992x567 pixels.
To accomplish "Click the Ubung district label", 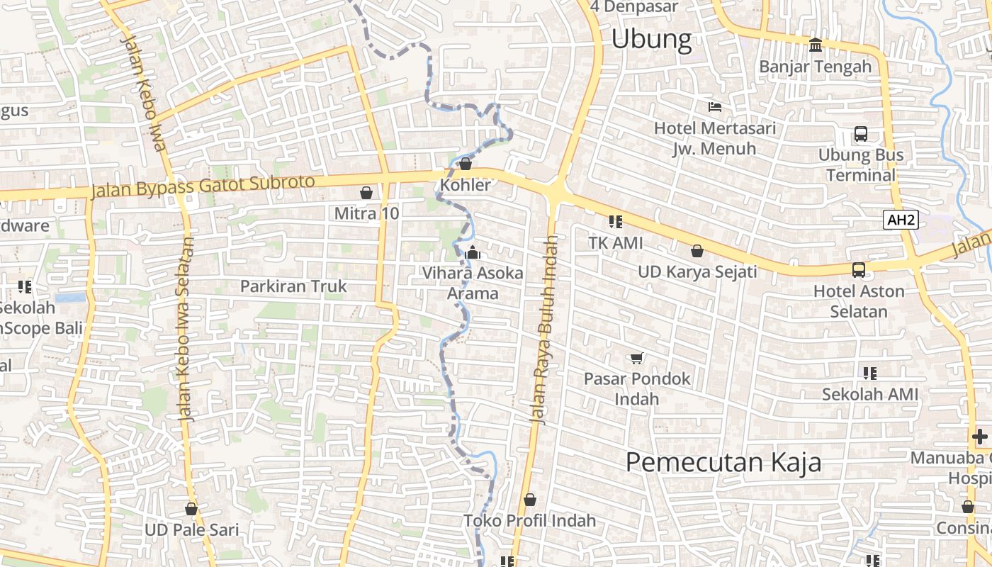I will [x=651, y=39].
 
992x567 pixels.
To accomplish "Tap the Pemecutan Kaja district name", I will [x=723, y=462].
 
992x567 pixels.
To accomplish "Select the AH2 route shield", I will [x=901, y=220].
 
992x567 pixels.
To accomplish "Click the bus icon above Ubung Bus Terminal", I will [x=861, y=134].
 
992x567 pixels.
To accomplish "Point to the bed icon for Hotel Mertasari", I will [x=715, y=107].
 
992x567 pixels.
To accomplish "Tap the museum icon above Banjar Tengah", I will [x=816, y=45].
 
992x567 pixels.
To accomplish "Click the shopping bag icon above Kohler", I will [x=466, y=164].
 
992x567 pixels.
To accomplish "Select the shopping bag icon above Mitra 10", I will [x=366, y=193].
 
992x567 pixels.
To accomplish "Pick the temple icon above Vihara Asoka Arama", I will [x=473, y=252].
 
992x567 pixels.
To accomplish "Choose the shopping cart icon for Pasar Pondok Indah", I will [x=636, y=358].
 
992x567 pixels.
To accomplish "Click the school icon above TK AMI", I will [x=616, y=222].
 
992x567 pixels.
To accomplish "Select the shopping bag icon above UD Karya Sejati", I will [x=697, y=251].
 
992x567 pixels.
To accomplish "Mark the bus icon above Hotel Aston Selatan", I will [x=859, y=270].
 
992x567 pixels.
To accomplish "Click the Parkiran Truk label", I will [x=293, y=286].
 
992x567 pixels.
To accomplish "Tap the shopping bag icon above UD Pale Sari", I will [x=191, y=509].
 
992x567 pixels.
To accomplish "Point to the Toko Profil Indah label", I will [x=529, y=521].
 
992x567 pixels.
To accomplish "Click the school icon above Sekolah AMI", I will [x=870, y=373].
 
